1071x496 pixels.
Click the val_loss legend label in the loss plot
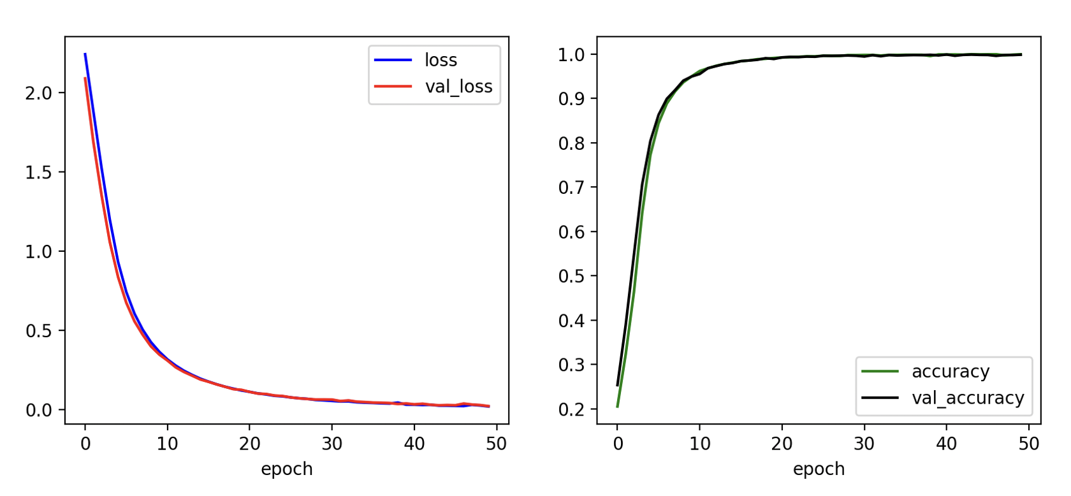pyautogui.click(x=458, y=87)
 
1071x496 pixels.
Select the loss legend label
pyautogui.click(x=441, y=61)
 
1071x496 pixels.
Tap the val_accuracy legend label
pyautogui.click(x=968, y=398)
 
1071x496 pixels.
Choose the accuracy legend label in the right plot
pyautogui.click(x=951, y=372)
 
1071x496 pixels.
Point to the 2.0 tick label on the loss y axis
pyautogui.click(x=38, y=93)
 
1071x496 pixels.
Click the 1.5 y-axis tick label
pyautogui.click(x=38, y=172)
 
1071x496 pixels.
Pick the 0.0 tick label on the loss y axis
pyautogui.click(x=38, y=410)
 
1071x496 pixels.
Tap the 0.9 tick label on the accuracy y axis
pyautogui.click(x=571, y=99)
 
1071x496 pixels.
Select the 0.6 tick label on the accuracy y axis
pyautogui.click(x=571, y=232)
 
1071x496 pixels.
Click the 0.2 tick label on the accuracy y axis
pyautogui.click(x=571, y=409)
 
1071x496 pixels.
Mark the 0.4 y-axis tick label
pyautogui.click(x=571, y=321)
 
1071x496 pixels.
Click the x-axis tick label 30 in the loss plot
pyautogui.click(x=331, y=444)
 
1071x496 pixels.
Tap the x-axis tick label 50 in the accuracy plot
pyautogui.click(x=1028, y=444)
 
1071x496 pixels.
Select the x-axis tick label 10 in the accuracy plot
pyautogui.click(x=699, y=444)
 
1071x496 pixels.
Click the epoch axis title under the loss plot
pyautogui.click(x=286, y=469)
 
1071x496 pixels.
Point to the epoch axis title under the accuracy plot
pyautogui.click(x=819, y=469)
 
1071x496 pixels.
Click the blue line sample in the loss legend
pyautogui.click(x=393, y=60)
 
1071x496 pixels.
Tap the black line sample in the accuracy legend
pyautogui.click(x=880, y=397)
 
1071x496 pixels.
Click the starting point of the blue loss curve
pyautogui.click(x=85, y=54)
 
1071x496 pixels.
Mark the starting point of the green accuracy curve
pyautogui.click(x=617, y=407)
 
